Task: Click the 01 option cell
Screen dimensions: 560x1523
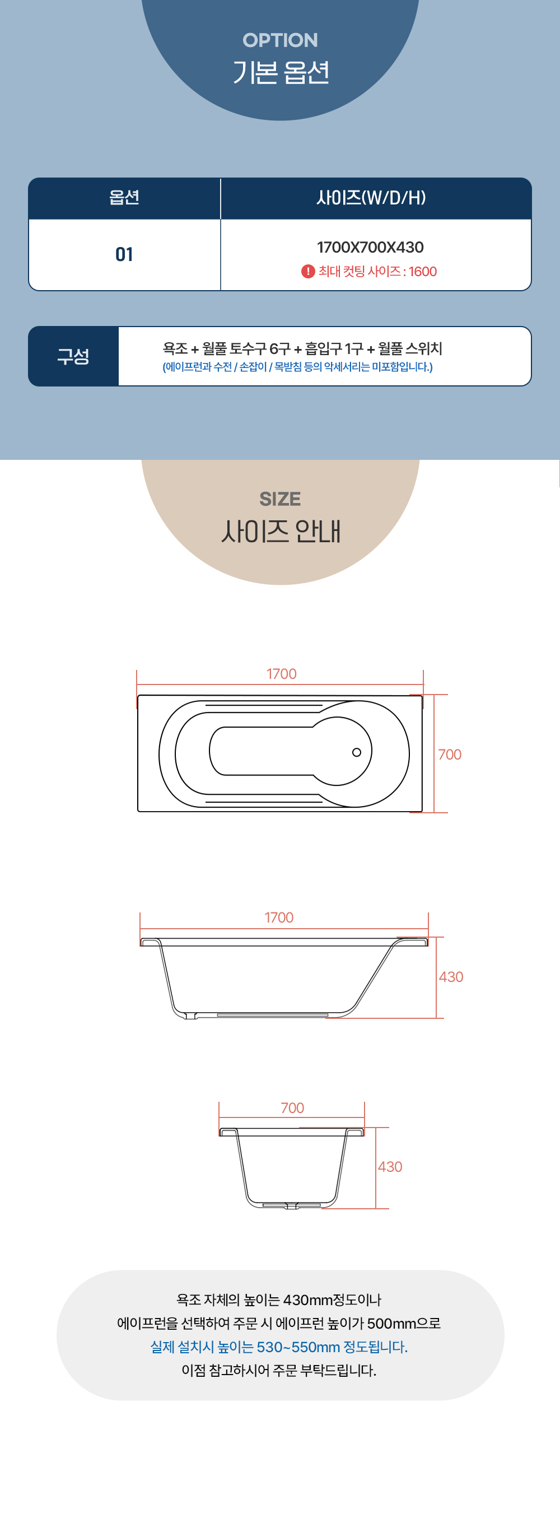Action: (x=124, y=254)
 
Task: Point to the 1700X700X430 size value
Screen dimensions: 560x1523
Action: (x=370, y=247)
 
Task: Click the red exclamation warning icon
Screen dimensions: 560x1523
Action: (x=307, y=271)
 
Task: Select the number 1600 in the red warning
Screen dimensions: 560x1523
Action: (x=422, y=271)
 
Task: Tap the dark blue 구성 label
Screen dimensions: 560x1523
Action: (x=73, y=356)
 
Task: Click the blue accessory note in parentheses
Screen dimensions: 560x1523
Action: (x=297, y=367)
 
